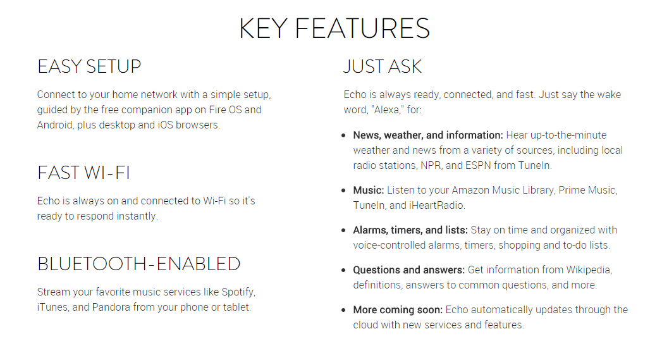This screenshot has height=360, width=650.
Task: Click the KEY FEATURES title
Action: (334, 28)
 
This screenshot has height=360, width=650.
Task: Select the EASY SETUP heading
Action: (89, 66)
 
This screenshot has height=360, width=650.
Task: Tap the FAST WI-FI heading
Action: (83, 173)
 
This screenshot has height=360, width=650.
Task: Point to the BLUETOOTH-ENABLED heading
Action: (139, 264)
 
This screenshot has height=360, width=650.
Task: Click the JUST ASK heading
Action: (382, 66)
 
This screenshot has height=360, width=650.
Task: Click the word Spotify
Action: (238, 292)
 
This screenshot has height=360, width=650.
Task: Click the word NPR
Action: (431, 166)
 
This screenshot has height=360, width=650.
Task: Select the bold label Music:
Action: (369, 190)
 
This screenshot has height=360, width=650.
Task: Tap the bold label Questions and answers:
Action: (408, 270)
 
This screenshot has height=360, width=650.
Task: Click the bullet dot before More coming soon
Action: (343, 310)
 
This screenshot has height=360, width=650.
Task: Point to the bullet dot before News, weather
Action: (343, 135)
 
